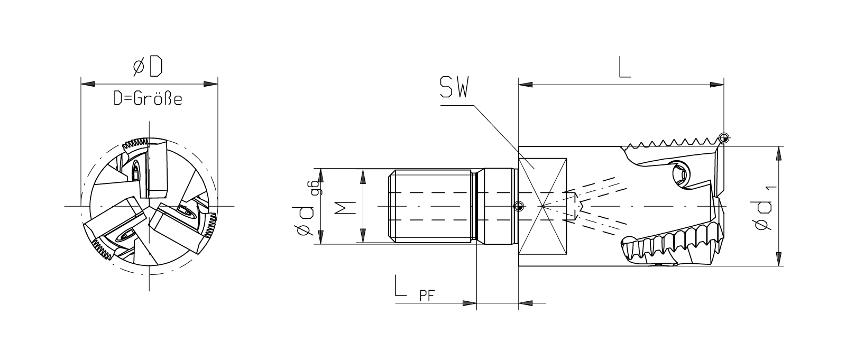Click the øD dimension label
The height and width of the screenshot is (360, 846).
[x=148, y=66]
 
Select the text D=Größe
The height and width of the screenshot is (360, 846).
[x=148, y=99]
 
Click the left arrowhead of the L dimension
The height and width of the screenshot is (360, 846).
[x=525, y=84]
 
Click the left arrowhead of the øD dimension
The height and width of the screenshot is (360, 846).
[x=87, y=84]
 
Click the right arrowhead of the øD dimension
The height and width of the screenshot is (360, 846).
[x=212, y=84]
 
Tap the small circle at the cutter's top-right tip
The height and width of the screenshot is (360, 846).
[x=724, y=138]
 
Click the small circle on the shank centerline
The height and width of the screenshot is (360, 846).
[x=519, y=206]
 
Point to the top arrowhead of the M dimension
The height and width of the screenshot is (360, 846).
[x=363, y=176]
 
